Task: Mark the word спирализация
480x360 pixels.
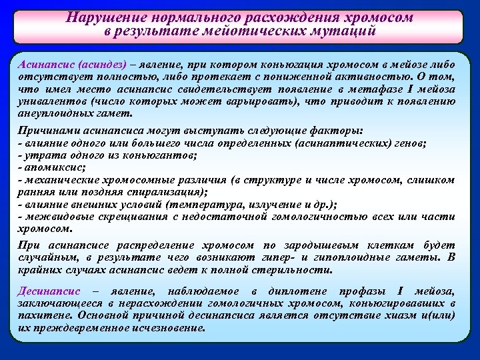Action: point(153,192)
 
